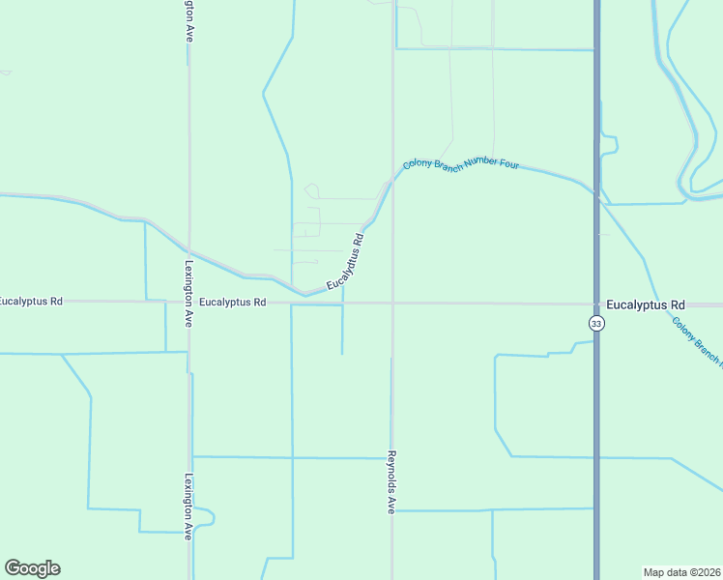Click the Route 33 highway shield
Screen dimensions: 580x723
point(597,324)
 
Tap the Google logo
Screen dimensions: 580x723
point(32,568)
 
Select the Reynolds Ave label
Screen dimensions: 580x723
point(391,480)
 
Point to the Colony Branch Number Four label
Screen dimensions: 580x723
point(461,163)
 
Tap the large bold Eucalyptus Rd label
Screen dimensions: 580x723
point(645,303)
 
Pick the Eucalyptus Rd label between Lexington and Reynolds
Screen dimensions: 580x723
point(232,303)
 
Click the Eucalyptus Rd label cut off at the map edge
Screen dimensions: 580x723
point(31,302)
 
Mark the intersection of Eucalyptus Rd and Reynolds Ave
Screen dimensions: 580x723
point(392,303)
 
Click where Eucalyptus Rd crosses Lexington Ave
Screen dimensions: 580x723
point(188,302)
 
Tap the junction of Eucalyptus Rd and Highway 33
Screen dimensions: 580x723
point(596,304)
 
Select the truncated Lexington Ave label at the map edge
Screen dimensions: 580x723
point(188,19)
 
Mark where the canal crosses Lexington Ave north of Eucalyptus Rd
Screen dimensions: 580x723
point(188,248)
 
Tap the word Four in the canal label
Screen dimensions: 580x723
point(509,164)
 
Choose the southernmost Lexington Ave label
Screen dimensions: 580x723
point(188,506)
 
